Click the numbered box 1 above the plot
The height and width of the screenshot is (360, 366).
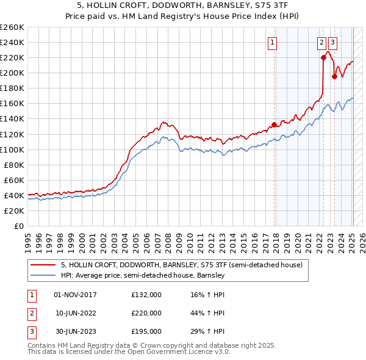[x=271, y=43]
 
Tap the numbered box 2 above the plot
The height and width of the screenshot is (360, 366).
[x=321, y=43]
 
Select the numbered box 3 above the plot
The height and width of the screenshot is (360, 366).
[x=332, y=43]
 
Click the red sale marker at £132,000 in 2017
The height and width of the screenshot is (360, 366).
[x=274, y=124]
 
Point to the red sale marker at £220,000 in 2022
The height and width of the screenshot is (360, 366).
[x=323, y=57]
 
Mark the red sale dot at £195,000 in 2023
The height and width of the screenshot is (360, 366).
[x=334, y=76]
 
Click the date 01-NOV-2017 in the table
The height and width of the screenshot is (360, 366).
[x=76, y=295]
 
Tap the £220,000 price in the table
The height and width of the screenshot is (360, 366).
[x=146, y=313]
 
